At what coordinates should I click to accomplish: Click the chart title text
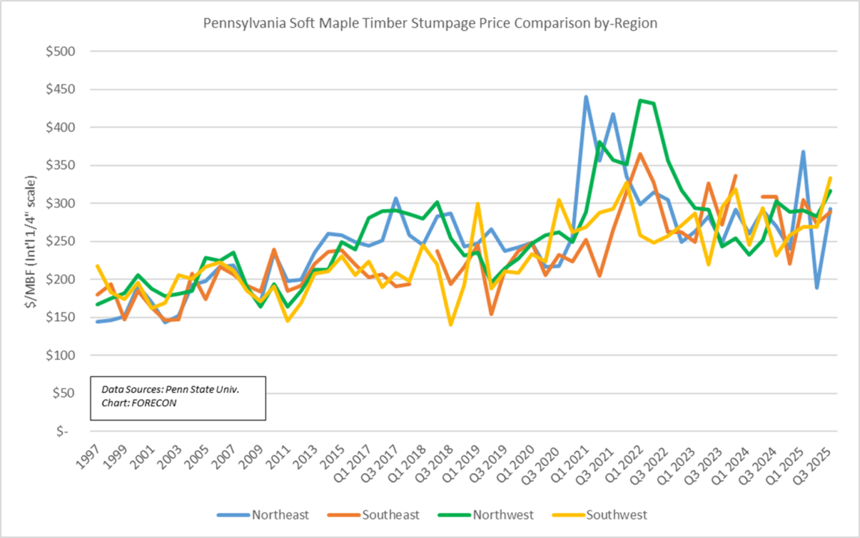(x=430, y=23)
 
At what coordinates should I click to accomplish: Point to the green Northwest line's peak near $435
(x=641, y=100)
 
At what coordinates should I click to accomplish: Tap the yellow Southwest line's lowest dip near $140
(x=451, y=324)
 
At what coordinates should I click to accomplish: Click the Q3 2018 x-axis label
(x=441, y=464)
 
